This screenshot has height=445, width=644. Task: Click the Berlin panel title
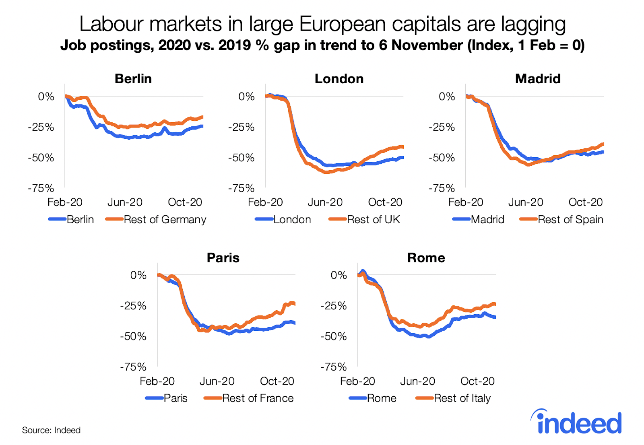coord(133,79)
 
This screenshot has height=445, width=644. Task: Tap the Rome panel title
coord(426,258)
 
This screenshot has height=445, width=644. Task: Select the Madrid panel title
coord(538,79)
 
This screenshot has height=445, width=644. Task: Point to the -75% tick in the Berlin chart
coord(41,188)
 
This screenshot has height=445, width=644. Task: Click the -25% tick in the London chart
coord(241,127)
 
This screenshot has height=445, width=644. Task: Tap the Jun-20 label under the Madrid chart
coord(526,202)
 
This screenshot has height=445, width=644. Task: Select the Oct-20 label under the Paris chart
coord(277,381)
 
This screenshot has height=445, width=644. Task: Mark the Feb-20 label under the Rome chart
coord(357,381)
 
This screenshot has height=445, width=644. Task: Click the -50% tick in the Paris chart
coord(133,336)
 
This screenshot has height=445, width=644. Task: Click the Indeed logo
coord(576,422)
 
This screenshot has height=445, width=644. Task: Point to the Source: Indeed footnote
coord(51,430)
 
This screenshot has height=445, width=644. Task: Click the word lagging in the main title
coord(533,24)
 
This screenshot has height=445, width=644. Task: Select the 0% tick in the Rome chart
coord(339,275)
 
